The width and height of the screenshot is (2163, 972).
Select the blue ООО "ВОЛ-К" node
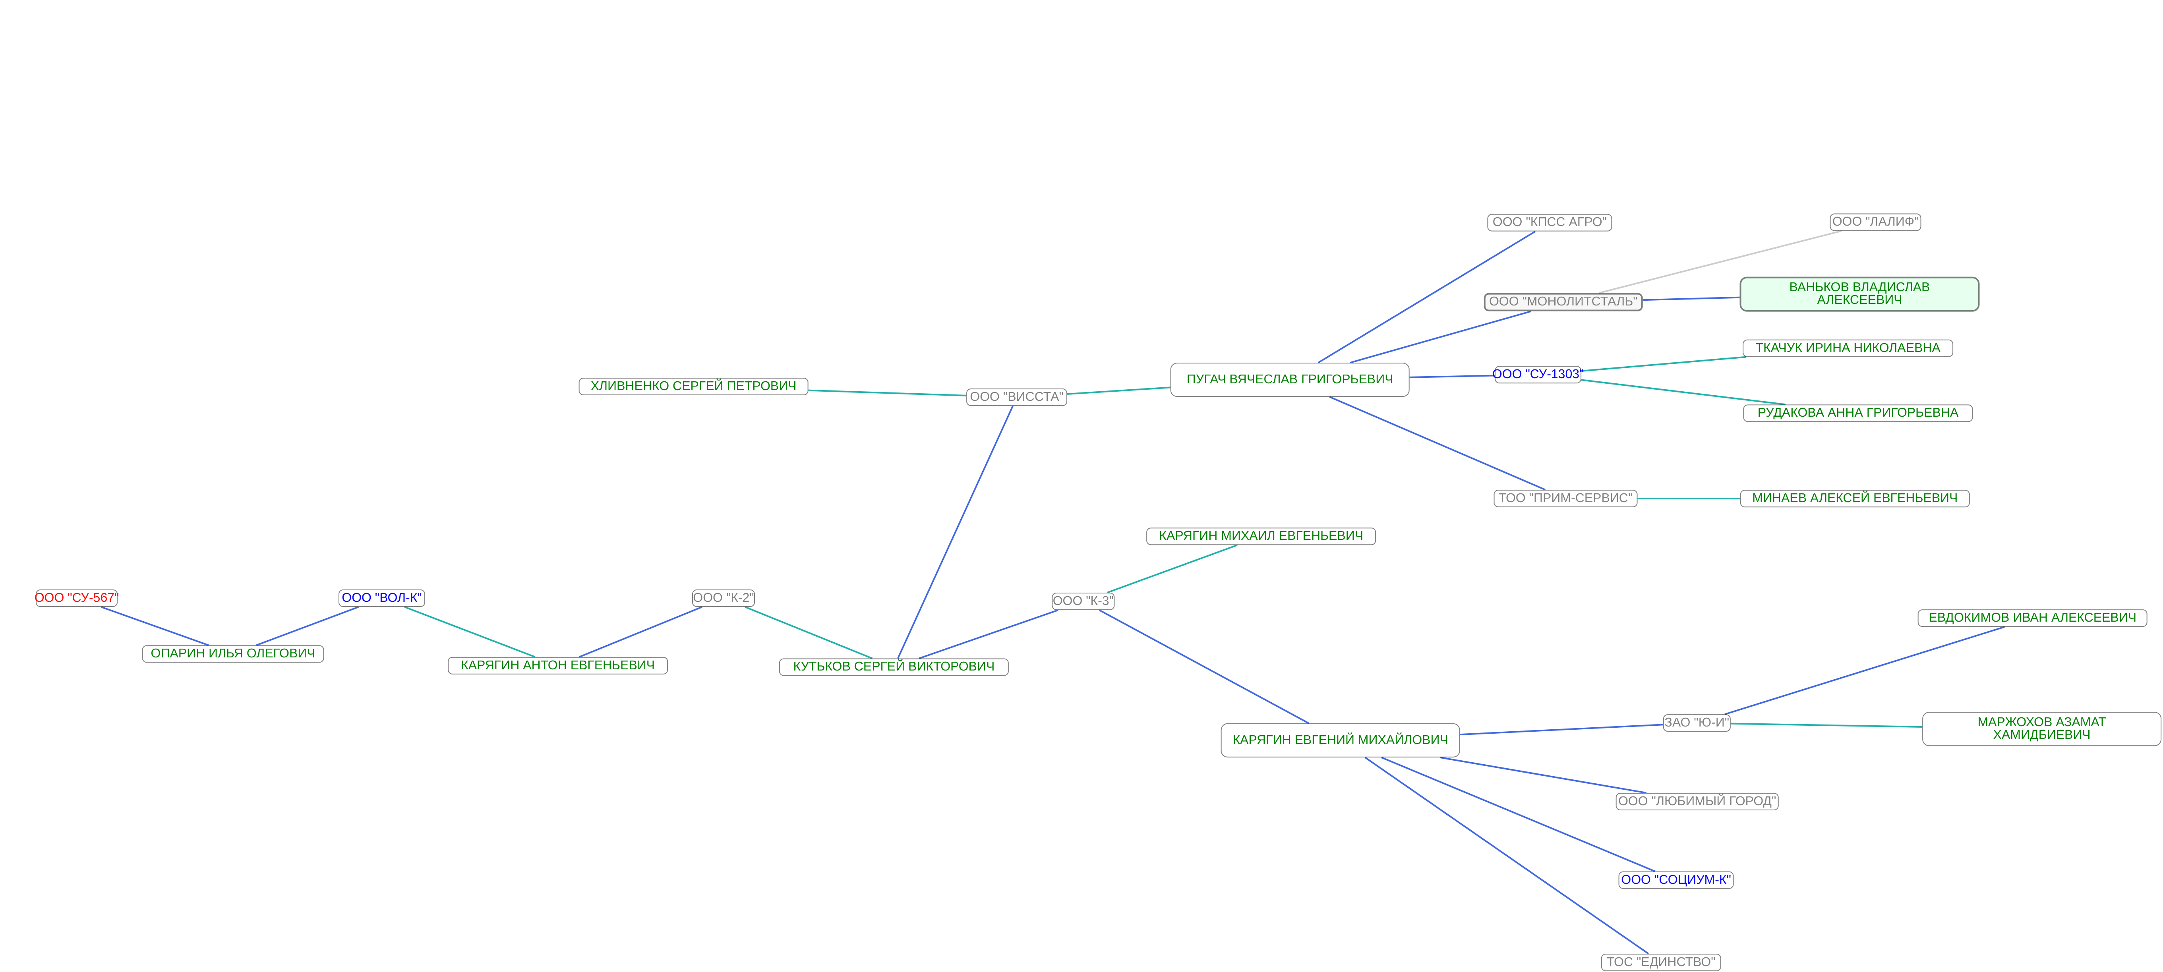coord(382,598)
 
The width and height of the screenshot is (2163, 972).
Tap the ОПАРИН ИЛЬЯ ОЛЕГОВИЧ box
coord(232,653)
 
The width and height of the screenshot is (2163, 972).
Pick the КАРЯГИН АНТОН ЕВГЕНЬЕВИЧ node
coord(557,665)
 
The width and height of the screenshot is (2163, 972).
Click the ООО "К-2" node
coord(723,598)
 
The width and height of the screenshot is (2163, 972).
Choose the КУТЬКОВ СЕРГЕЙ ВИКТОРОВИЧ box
coord(894,667)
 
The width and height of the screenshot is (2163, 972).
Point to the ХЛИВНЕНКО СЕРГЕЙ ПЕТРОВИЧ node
coord(693,386)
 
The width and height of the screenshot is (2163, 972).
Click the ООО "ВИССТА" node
coord(1016,397)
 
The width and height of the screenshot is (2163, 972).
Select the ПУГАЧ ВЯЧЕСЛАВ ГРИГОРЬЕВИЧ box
coord(1289,379)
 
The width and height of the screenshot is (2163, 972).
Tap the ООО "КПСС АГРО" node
coord(1549,222)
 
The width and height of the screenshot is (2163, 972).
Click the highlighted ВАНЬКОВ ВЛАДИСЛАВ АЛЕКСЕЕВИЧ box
coord(1859,294)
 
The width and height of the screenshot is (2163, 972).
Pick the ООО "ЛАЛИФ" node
coord(1875,222)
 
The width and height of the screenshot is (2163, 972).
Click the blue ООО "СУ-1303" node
coord(1536,374)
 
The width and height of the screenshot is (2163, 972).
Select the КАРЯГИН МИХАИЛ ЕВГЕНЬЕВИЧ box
coord(1260,535)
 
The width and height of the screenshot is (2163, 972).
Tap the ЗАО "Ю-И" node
coord(1696,723)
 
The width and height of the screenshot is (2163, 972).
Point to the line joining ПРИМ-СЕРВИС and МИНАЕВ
coord(1688,499)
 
